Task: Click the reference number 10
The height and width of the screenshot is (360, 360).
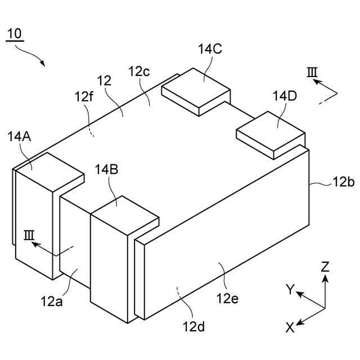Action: pyautogui.click(x=14, y=33)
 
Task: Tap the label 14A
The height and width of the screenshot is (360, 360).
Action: pyautogui.click(x=20, y=136)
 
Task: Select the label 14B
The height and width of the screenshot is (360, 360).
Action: pyautogui.click(x=106, y=169)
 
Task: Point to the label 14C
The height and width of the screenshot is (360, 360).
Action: pyautogui.click(x=210, y=49)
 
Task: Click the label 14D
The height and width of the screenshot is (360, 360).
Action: pyautogui.click(x=285, y=96)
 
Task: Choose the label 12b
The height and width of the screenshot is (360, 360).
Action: pyautogui.click(x=343, y=182)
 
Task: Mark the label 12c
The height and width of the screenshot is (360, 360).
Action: pyautogui.click(x=139, y=71)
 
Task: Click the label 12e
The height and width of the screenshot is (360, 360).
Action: pyautogui.click(x=227, y=298)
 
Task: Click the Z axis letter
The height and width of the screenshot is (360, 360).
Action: pyautogui.click(x=325, y=267)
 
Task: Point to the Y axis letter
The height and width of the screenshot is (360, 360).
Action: pyautogui.click(x=290, y=290)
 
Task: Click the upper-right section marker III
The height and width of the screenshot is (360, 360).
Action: pyautogui.click(x=312, y=73)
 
